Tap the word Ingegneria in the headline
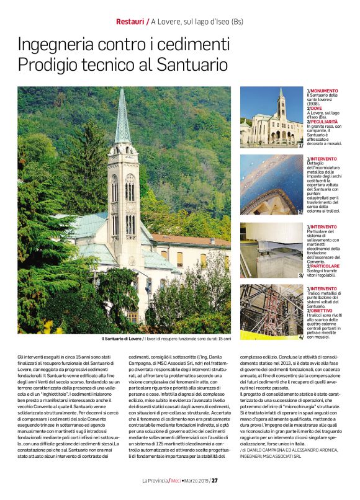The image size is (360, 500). [x=60, y=45]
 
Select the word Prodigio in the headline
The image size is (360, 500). [x=49, y=64]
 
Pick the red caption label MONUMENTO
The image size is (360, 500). [x=325, y=90]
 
